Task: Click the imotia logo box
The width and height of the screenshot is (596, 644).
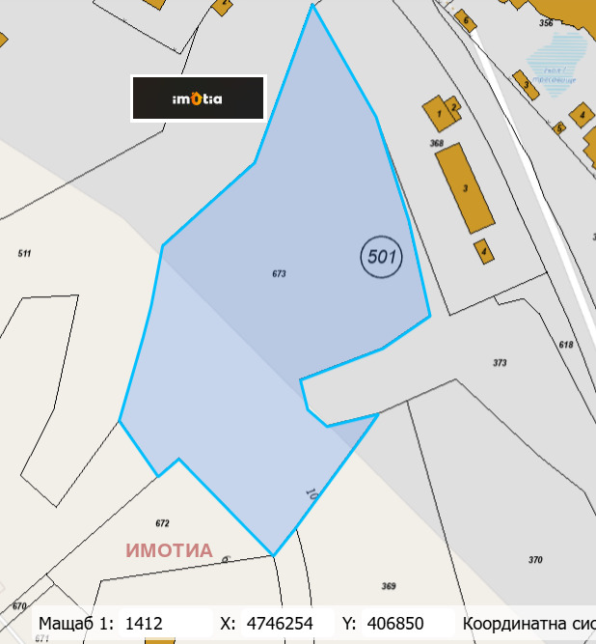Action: pos(198,98)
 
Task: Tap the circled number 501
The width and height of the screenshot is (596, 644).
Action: pos(381,257)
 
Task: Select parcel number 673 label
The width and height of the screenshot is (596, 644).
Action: pos(280,274)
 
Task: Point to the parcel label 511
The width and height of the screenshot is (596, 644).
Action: pos(24,253)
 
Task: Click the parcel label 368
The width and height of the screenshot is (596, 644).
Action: pos(436,144)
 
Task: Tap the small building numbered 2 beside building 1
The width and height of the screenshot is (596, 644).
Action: pos(453,105)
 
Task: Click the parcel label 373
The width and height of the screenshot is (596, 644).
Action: pos(500,363)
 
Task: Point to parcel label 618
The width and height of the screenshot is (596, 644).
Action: pos(565,345)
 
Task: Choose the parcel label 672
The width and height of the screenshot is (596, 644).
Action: pos(162,523)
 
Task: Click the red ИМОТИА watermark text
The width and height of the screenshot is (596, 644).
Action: pos(169,550)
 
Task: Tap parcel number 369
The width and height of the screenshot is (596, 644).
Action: pos(389,586)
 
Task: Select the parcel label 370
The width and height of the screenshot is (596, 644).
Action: pos(535,560)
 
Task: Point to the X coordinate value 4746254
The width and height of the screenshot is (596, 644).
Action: pos(280,624)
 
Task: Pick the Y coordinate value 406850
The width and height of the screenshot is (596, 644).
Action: pos(396,624)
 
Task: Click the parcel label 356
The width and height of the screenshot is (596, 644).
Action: pos(546,22)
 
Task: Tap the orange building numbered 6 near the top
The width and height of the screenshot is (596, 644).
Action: pos(466,19)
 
